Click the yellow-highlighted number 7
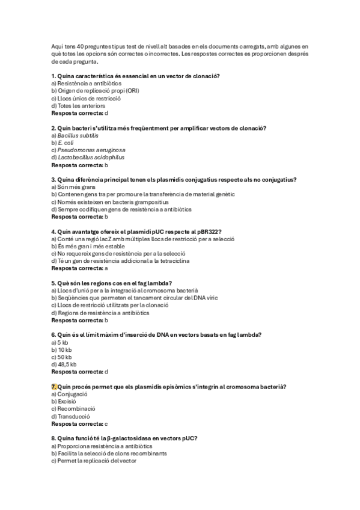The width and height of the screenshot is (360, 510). (54, 386)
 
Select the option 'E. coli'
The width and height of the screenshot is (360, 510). (63, 143)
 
